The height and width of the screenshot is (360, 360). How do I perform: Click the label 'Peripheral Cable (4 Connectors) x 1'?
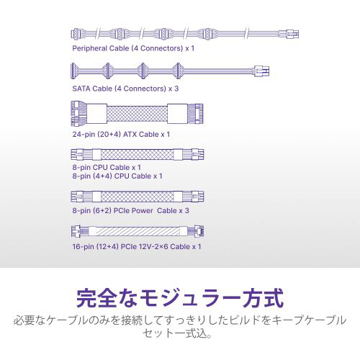tap(133, 48)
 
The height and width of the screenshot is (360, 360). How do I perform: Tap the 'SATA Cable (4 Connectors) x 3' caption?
tap(125, 89)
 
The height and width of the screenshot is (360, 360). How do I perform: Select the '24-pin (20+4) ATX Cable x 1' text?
tap(121, 134)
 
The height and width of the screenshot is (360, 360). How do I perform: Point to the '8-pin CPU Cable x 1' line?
tap(107, 167)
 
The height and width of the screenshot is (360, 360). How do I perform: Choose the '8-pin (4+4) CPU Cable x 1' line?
tap(117, 176)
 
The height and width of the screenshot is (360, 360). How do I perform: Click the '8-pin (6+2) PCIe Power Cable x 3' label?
tap(131, 211)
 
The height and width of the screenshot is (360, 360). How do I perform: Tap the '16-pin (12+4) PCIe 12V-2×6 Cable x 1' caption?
tap(137, 247)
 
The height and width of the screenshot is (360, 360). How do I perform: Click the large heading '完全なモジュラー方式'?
tap(180, 298)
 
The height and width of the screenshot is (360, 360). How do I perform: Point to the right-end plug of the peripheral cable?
tap(289, 34)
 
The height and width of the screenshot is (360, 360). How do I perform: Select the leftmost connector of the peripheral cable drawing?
tap(76, 34)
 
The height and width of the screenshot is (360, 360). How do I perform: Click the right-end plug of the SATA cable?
tap(261, 71)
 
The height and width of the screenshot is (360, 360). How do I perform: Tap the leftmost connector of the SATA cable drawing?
tap(73, 71)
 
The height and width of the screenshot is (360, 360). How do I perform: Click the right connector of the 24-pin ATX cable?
tap(195, 114)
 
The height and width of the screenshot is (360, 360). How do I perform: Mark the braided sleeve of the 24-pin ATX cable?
tap(137, 114)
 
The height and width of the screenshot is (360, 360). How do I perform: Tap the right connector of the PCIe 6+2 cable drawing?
tap(194, 197)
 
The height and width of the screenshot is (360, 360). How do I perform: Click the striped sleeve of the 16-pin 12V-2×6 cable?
tap(138, 231)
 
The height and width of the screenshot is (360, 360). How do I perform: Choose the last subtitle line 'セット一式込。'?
tap(177, 333)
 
